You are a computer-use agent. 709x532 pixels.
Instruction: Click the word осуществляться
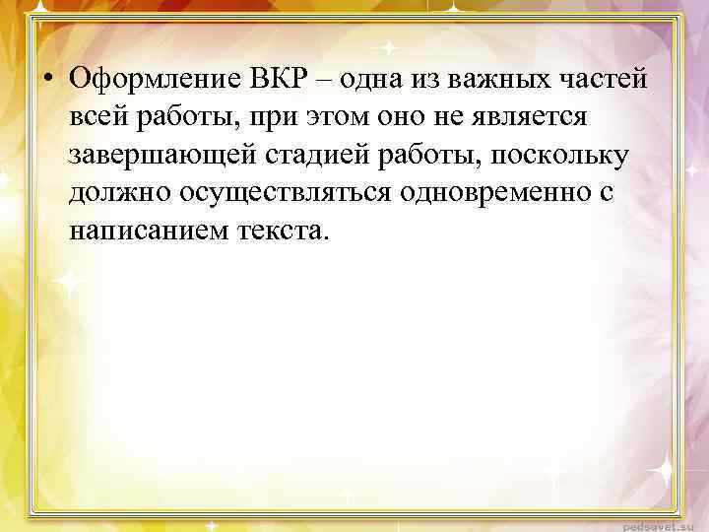click(286, 193)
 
